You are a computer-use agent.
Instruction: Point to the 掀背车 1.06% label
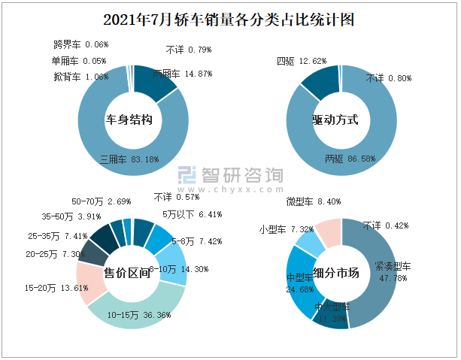point(80,77)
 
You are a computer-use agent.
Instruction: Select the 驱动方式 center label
point(335,120)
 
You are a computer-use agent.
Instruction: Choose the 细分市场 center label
point(336,273)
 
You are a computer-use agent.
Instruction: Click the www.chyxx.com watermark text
point(229,189)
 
